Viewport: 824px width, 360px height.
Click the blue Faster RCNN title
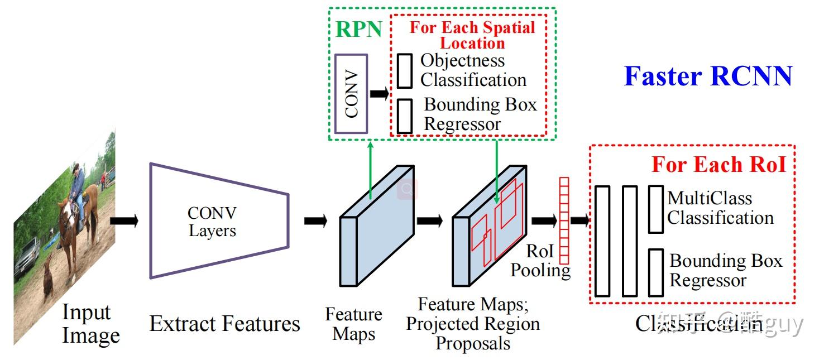tap(707, 76)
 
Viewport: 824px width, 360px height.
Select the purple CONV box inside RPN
tap(351, 94)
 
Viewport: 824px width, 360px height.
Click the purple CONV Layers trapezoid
tap(219, 221)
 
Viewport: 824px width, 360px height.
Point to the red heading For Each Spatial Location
tap(472, 35)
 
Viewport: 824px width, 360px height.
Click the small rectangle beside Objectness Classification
tap(405, 71)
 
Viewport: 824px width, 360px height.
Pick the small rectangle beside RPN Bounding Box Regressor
tap(405, 116)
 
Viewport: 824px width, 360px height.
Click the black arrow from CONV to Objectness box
tap(380, 93)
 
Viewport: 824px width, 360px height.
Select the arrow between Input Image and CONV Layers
tap(124, 221)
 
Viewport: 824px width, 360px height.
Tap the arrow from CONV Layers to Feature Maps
tap(315, 221)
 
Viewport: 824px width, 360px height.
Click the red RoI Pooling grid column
tap(564, 220)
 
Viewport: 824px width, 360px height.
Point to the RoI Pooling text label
tap(540, 261)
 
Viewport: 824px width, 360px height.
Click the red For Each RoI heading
tap(718, 165)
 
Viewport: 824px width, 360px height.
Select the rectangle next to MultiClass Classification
tap(656, 209)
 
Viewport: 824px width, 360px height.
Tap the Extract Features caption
tap(224, 324)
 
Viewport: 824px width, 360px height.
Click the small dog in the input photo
tap(48, 275)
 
